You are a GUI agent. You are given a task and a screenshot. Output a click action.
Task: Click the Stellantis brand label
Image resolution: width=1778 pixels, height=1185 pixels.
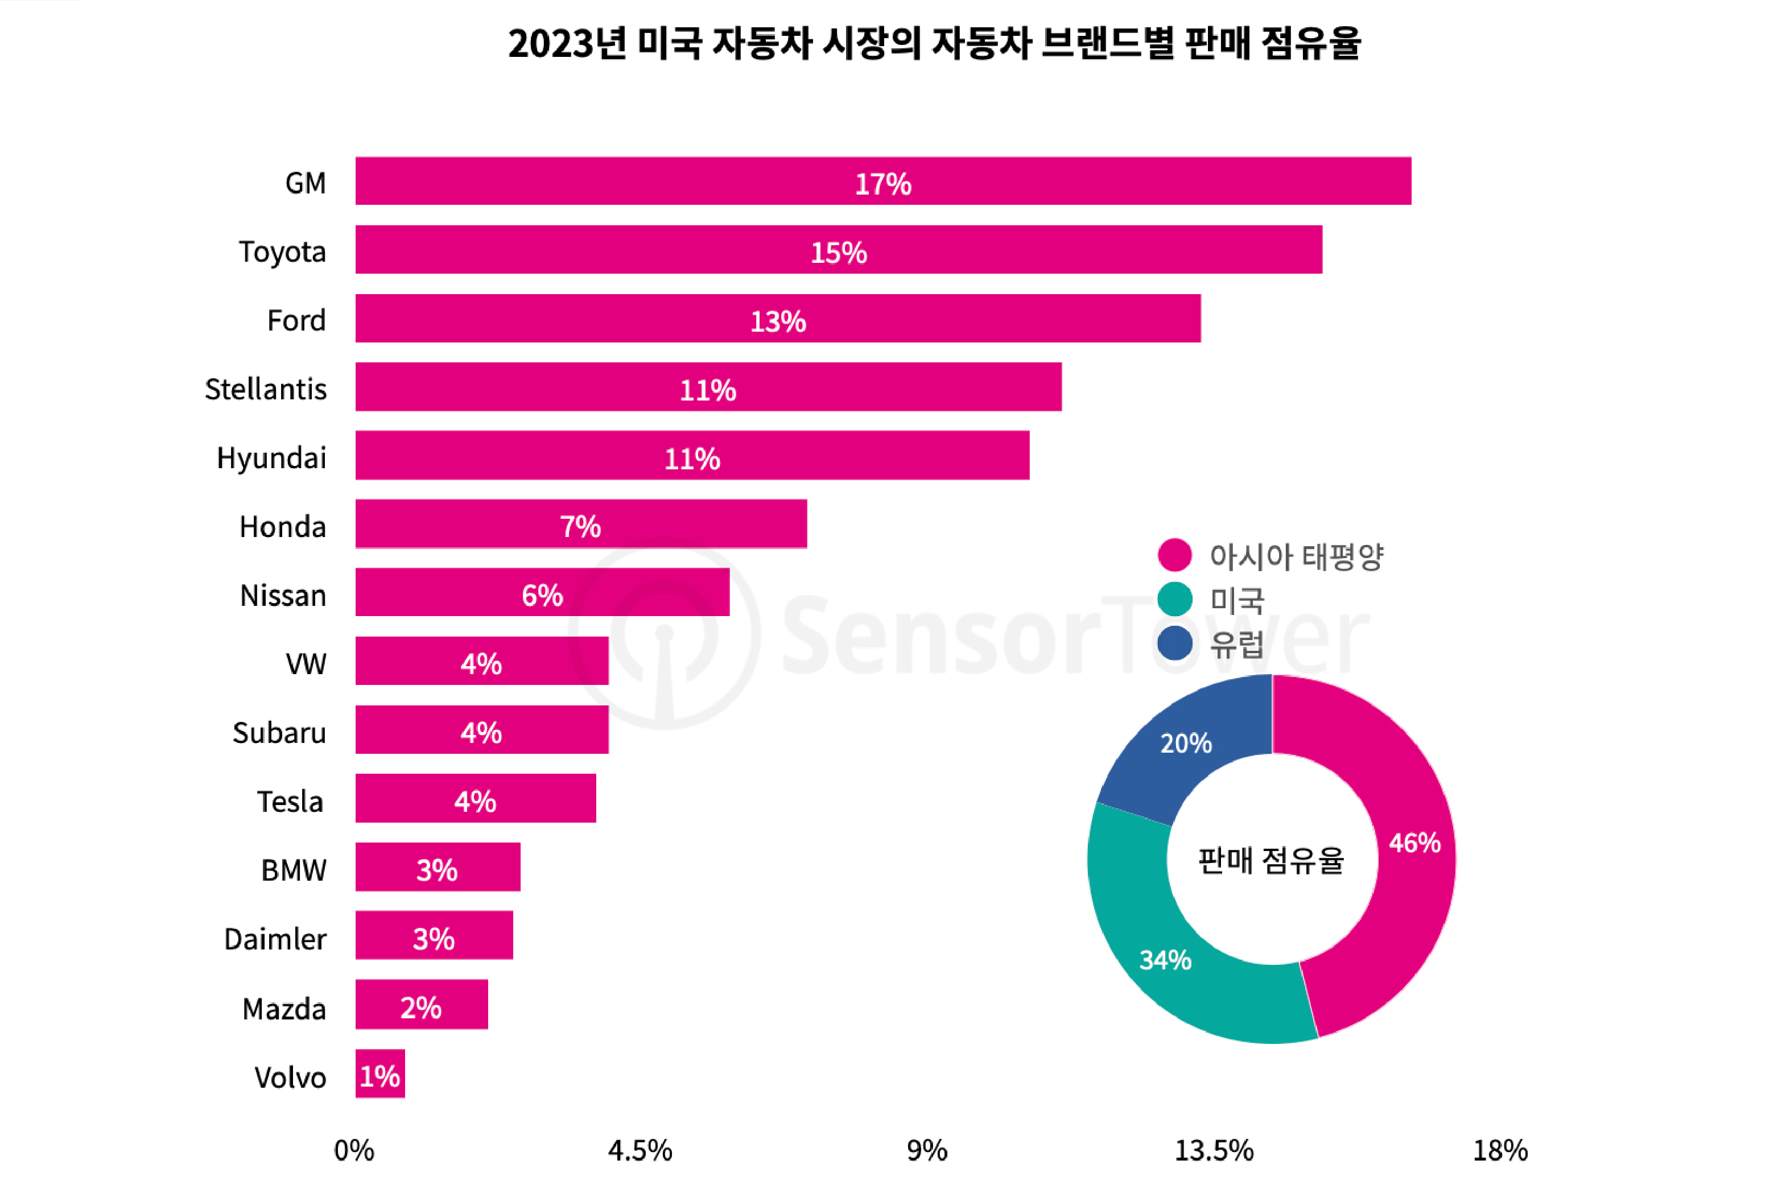[x=265, y=389]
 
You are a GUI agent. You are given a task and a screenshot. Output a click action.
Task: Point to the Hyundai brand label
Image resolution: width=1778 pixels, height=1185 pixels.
[x=271, y=458]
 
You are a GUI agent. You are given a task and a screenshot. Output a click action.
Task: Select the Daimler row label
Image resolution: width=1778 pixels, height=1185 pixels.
[x=275, y=939]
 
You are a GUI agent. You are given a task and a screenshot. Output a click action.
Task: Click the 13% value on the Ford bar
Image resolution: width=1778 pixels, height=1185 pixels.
[x=778, y=321]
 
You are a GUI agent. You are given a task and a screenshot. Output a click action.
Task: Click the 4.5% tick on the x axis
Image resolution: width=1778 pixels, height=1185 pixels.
[x=640, y=1150]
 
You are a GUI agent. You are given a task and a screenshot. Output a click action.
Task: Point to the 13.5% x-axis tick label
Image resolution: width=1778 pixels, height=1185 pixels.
[x=1214, y=1150]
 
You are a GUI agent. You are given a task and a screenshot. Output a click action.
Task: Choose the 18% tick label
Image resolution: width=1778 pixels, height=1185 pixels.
[x=1500, y=1150]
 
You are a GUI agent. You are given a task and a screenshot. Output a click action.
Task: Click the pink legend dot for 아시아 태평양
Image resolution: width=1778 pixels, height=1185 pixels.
[x=1174, y=555]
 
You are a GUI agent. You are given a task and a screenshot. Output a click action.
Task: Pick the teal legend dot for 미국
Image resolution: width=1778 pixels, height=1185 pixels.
[x=1174, y=599]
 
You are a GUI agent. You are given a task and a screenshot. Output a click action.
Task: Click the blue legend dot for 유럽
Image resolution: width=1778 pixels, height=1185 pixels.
[x=1174, y=643]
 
